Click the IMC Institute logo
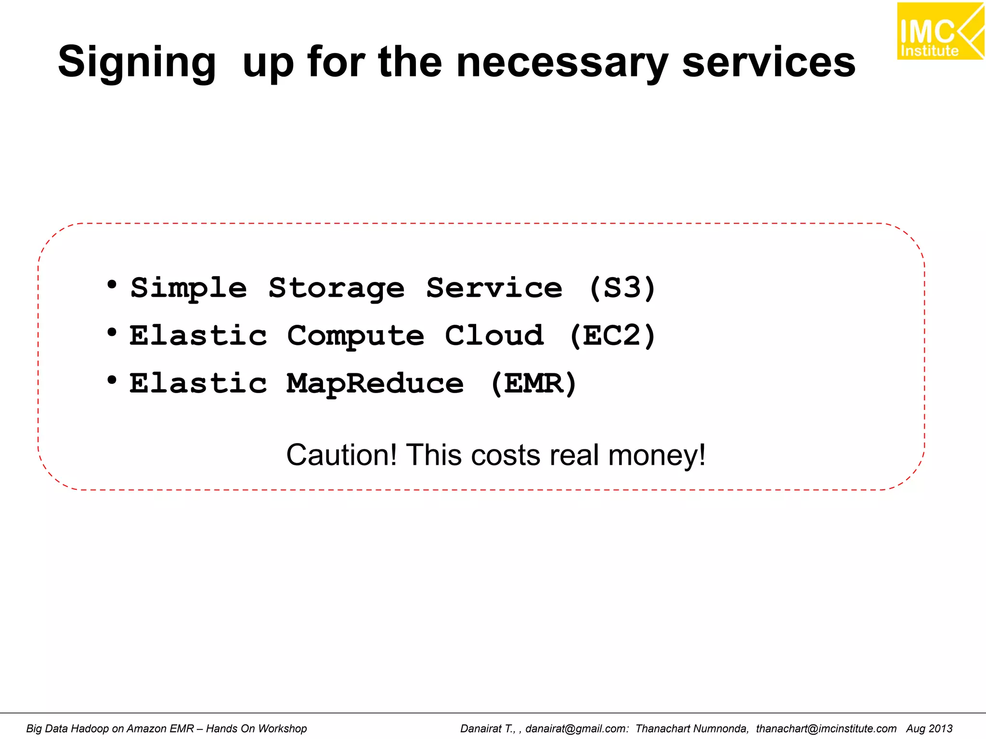[x=939, y=31]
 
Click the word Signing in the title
[x=137, y=63]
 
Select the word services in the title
[x=769, y=63]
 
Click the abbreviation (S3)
[x=623, y=288]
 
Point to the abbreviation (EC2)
[x=612, y=336]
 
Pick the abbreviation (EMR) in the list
[x=533, y=383]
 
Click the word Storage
[x=337, y=288]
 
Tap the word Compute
[x=356, y=336]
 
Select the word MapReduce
[x=375, y=383]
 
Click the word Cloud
[x=494, y=336]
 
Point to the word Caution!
[x=342, y=455]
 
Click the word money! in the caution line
[x=657, y=455]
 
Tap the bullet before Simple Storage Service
[x=112, y=285]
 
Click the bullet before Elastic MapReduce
[x=112, y=380]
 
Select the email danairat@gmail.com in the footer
[x=577, y=728]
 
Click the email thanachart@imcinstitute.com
[x=826, y=728]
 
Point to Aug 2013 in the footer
[x=929, y=728]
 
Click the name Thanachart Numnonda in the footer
[x=692, y=728]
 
